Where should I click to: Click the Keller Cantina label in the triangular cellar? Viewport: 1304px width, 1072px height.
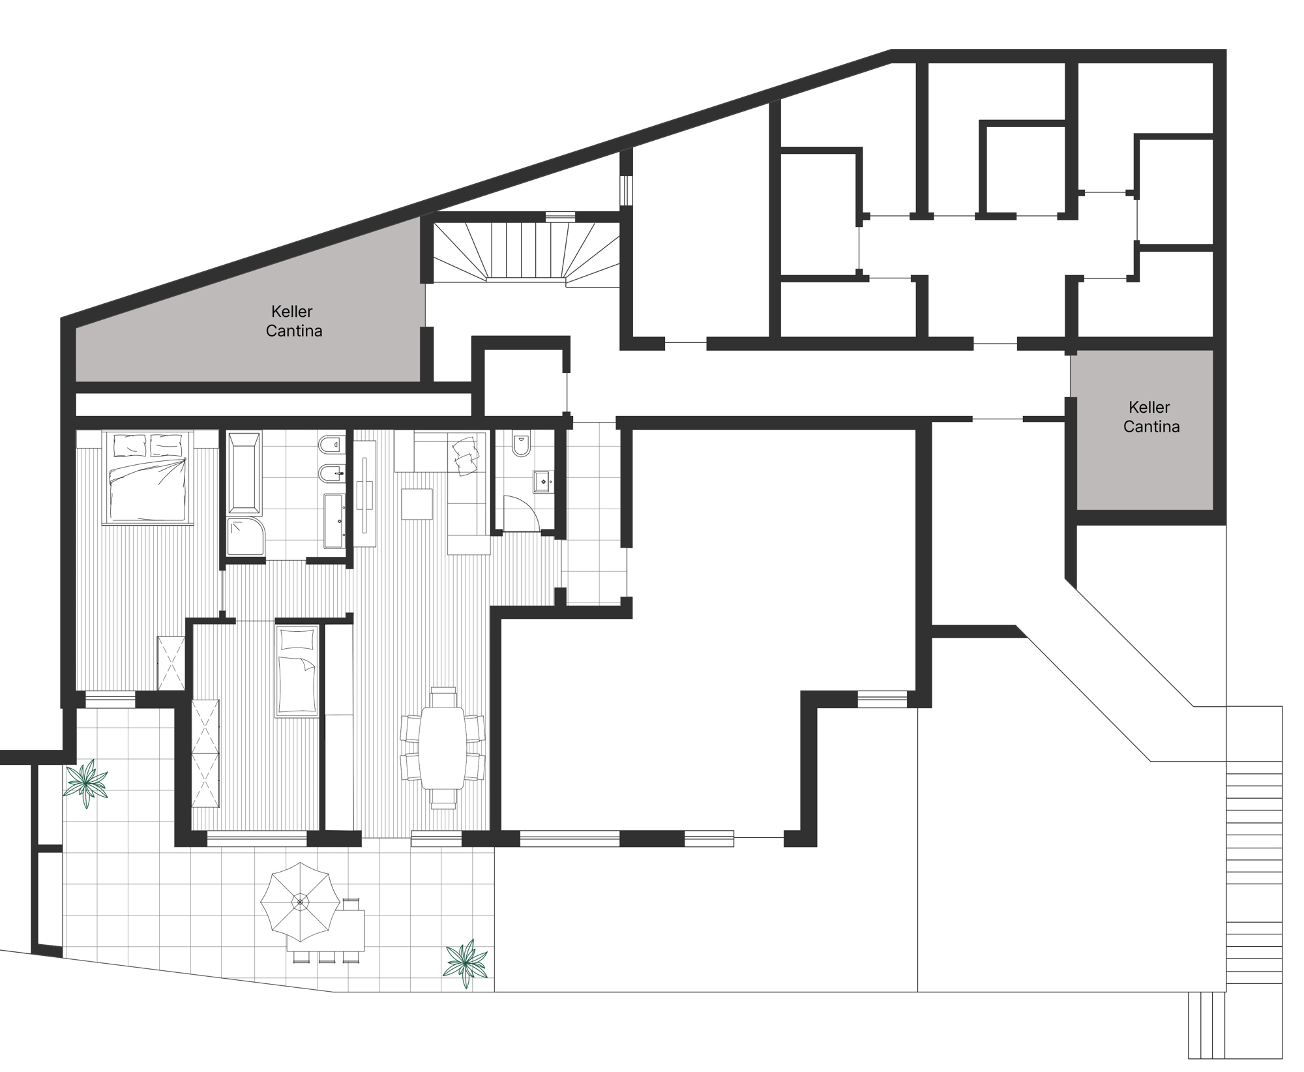click(293, 321)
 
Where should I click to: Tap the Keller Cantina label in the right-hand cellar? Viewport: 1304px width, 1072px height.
click(1151, 417)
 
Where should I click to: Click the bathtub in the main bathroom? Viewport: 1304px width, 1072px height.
click(244, 472)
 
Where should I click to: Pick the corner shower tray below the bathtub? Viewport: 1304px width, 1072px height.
click(246, 537)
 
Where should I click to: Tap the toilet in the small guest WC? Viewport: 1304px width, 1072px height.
click(522, 444)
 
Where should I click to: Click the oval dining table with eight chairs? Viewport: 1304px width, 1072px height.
click(442, 748)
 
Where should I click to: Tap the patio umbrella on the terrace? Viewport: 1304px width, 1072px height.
click(299, 902)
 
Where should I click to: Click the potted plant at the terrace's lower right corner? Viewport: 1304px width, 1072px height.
click(466, 962)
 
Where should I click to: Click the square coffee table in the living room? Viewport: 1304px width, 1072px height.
click(417, 504)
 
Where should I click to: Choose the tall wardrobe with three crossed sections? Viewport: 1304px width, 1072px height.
click(205, 753)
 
